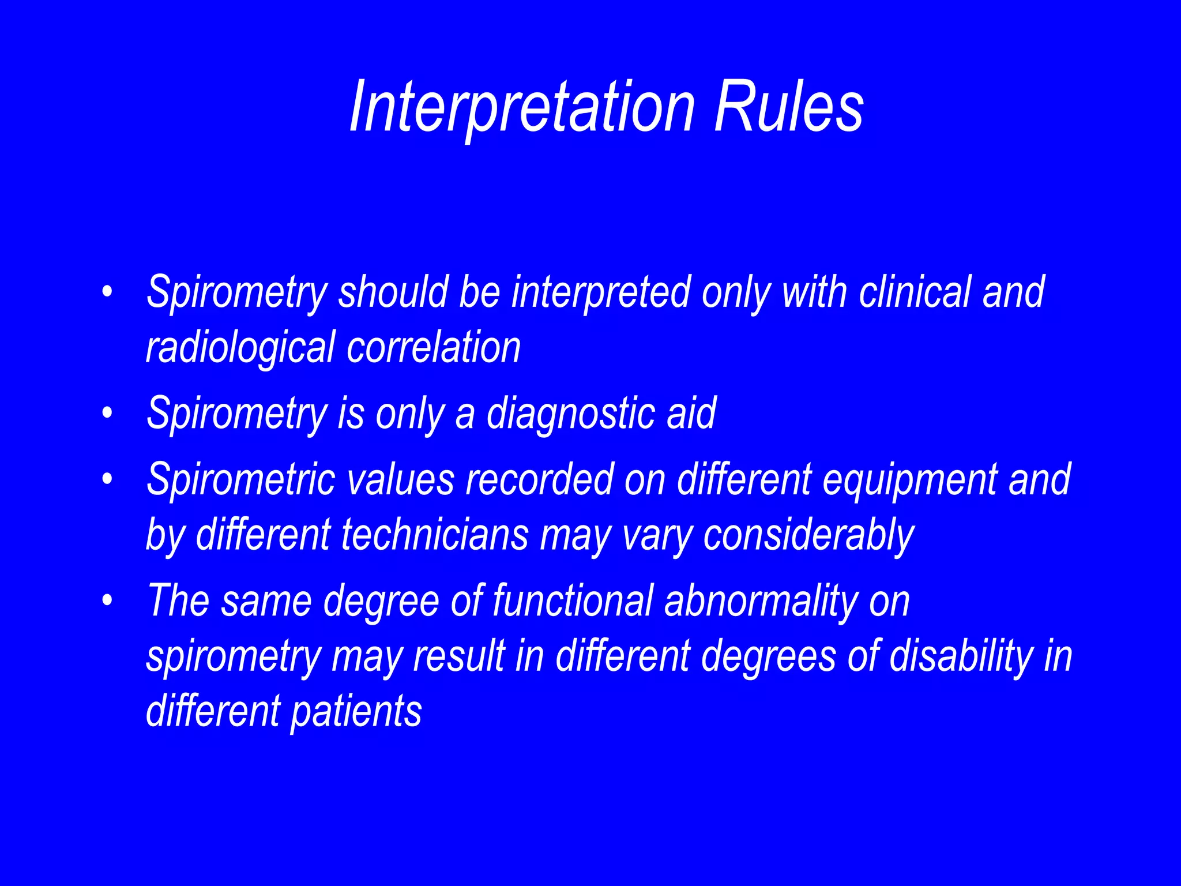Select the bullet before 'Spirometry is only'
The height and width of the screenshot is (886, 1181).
pyautogui.click(x=106, y=413)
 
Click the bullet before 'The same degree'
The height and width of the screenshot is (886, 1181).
pyautogui.click(x=106, y=600)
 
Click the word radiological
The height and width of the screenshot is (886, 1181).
pyautogui.click(x=240, y=347)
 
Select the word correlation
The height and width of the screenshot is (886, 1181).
pyautogui.click(x=434, y=347)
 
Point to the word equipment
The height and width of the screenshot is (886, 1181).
pyautogui.click(x=909, y=480)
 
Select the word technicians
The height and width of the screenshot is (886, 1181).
pyautogui.click(x=435, y=534)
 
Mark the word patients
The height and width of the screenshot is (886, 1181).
pyautogui.click(x=356, y=712)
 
